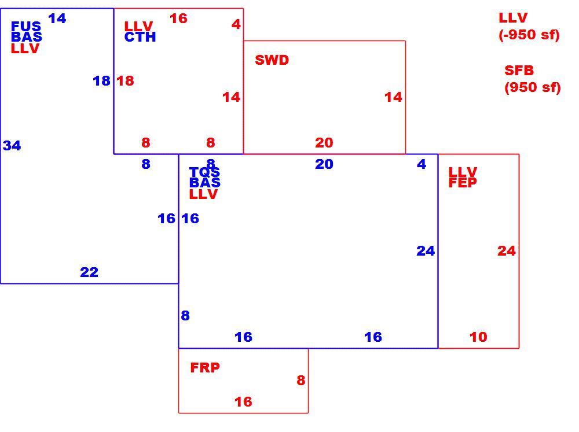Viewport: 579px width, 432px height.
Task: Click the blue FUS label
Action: [26, 26]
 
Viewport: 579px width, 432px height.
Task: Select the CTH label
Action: [140, 37]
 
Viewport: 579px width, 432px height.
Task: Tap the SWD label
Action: [272, 60]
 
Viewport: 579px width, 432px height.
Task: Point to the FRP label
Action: [205, 367]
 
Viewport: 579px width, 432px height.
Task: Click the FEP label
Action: [463, 183]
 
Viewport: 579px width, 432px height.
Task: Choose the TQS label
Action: [204, 172]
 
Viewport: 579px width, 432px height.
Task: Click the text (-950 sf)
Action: [529, 35]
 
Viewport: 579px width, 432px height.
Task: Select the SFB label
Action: [519, 70]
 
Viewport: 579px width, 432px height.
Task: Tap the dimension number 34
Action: [12, 146]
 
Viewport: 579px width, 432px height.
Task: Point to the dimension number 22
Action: [89, 272]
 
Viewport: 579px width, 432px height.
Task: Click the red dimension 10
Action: [478, 337]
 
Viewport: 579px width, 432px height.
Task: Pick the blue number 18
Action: [101, 81]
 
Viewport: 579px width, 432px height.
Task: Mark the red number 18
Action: [125, 81]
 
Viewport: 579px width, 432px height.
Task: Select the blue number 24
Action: [426, 251]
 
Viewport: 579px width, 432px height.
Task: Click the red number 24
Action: [507, 251]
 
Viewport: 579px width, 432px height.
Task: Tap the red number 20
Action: [324, 143]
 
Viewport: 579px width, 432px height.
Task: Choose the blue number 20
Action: [324, 164]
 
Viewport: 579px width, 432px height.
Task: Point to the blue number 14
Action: [57, 18]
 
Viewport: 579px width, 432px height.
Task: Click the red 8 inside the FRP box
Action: [301, 381]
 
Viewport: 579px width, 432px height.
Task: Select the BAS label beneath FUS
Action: [27, 37]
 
